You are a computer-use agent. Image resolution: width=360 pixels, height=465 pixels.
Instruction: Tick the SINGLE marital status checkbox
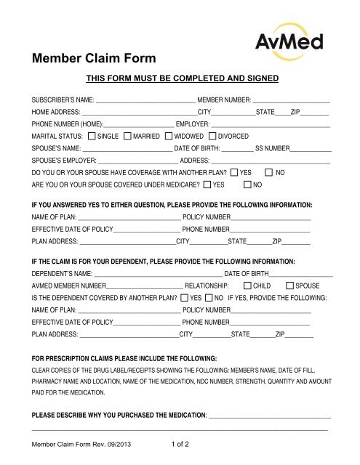(91, 136)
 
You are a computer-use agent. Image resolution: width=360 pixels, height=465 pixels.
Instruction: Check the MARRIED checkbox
(128, 136)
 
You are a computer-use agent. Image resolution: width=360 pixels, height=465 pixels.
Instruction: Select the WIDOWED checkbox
(169, 136)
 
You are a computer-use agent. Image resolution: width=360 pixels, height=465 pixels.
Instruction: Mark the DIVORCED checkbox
(212, 136)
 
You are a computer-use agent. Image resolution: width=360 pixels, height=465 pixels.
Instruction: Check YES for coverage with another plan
(233, 171)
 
